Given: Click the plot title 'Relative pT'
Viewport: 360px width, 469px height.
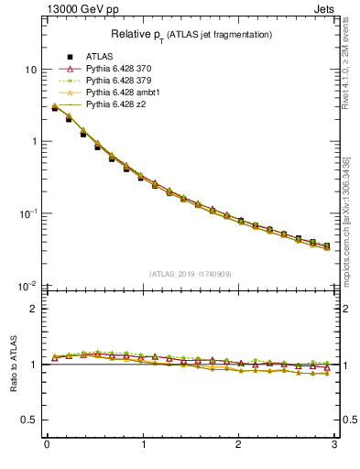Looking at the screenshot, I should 191,34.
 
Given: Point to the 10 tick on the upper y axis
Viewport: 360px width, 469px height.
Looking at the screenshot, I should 30,70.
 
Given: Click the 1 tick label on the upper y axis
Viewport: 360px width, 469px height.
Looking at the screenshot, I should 33,142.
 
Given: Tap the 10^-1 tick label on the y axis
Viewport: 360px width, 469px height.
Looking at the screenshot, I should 27,213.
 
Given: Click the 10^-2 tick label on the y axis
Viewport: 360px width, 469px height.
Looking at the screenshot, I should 27,285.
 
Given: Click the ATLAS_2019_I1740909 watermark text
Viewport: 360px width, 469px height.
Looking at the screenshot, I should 191,274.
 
